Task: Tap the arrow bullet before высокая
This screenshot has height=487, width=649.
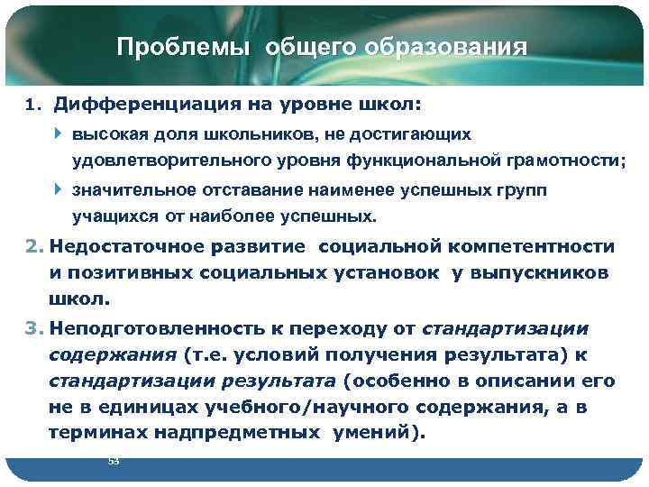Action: [59, 133]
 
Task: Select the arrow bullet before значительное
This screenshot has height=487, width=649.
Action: [59, 190]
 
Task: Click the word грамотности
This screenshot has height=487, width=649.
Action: [543, 161]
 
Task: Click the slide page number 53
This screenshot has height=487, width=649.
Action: [113, 461]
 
